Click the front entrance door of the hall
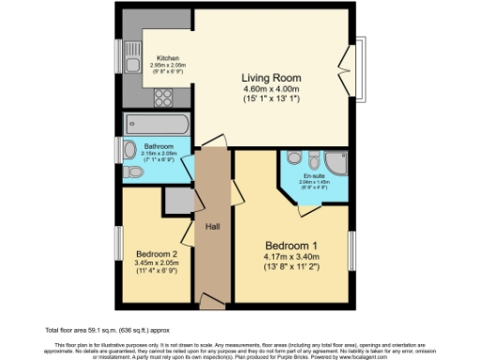[213, 302]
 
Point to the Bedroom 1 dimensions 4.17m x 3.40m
[292, 252]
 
